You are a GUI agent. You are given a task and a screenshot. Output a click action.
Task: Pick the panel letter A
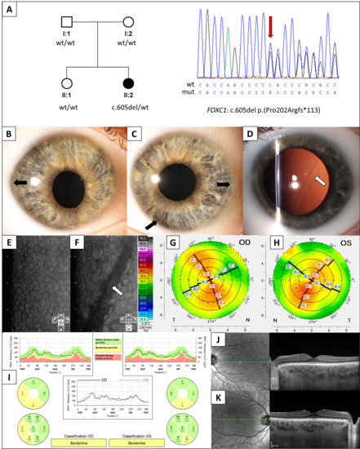point(9,10)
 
